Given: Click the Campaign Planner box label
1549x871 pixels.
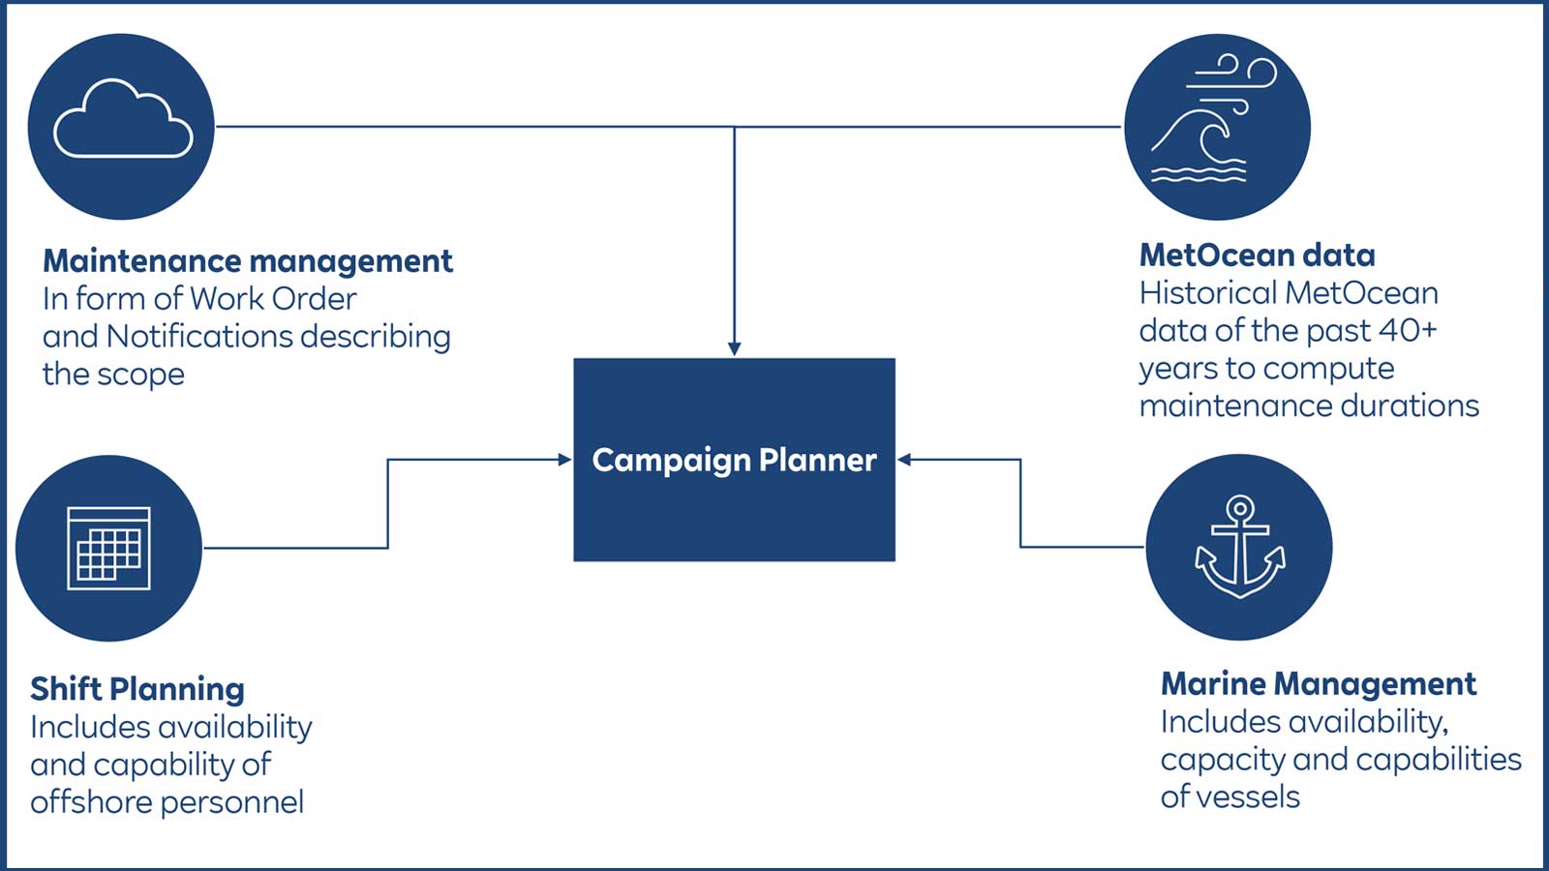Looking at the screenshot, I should click(x=734, y=460).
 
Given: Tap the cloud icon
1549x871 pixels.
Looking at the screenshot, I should click(x=122, y=121).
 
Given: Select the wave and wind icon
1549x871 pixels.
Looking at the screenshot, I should click(x=1216, y=124).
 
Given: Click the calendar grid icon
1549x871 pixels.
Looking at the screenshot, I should click(x=108, y=548).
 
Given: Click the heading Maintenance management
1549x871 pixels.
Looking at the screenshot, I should click(x=247, y=261).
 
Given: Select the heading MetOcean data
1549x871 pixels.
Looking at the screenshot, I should click(x=1257, y=255).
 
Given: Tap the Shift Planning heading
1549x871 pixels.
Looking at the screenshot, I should click(x=137, y=689).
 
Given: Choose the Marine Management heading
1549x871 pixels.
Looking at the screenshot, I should click(x=1318, y=684).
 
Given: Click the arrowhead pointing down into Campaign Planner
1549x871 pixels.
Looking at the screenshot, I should click(x=734, y=349).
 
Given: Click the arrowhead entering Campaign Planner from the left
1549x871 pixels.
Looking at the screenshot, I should click(x=564, y=460).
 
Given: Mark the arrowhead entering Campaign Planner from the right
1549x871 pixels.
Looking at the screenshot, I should click(x=904, y=460).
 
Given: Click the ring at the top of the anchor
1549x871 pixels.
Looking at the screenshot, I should click(x=1239, y=508).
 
